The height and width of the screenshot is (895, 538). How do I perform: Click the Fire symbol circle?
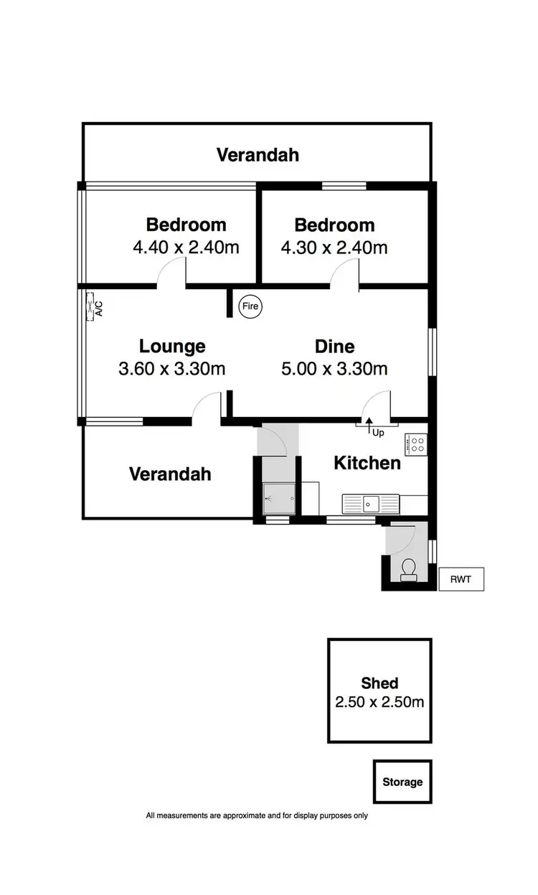[250, 306]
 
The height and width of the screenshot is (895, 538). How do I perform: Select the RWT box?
[461, 578]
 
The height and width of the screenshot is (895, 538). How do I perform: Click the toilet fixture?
[409, 569]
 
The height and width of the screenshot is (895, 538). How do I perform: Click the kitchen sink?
[369, 503]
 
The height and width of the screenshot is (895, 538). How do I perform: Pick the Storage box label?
[402, 782]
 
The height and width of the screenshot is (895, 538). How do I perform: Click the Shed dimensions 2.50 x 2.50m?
[379, 702]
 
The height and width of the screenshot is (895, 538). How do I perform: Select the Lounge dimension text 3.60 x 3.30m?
[172, 369]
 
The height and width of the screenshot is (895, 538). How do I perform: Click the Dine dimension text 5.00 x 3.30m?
[334, 369]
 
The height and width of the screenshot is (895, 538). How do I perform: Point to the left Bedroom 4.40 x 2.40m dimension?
[186, 248]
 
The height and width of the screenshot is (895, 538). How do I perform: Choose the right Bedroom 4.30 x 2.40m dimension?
[334, 248]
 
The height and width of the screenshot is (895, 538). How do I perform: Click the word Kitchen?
[367, 463]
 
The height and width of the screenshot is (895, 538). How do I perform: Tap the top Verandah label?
[258, 154]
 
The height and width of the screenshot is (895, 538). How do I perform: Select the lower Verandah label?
[170, 474]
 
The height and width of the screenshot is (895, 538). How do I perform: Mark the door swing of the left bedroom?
[172, 273]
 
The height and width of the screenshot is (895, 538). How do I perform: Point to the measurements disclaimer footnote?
[257, 815]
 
